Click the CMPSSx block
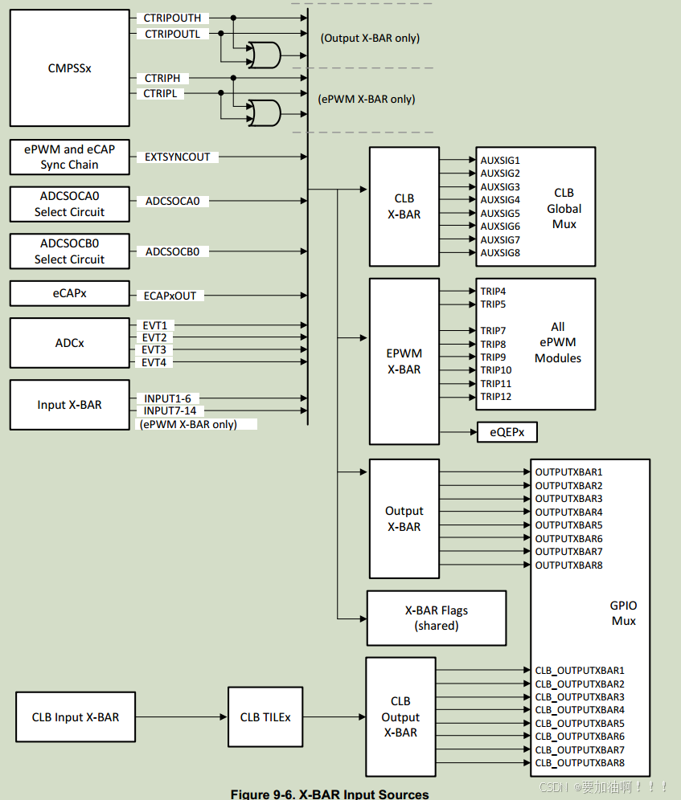(69, 68)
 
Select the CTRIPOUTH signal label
(172, 18)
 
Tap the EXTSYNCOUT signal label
(177, 157)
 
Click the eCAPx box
(69, 294)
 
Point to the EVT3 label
(154, 350)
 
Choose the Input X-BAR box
(69, 405)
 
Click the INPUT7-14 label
(170, 411)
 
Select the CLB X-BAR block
(404, 206)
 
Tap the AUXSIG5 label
(500, 214)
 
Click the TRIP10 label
(496, 370)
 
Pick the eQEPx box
(507, 433)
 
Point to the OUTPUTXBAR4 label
(568, 512)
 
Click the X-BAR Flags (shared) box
(436, 618)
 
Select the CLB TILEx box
(265, 717)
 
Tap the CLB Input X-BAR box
(75, 717)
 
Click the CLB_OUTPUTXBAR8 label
(580, 763)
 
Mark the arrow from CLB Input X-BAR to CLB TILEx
(181, 717)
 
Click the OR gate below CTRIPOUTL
(264, 55)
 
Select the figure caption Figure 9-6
(330, 794)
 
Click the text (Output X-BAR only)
(370, 38)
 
